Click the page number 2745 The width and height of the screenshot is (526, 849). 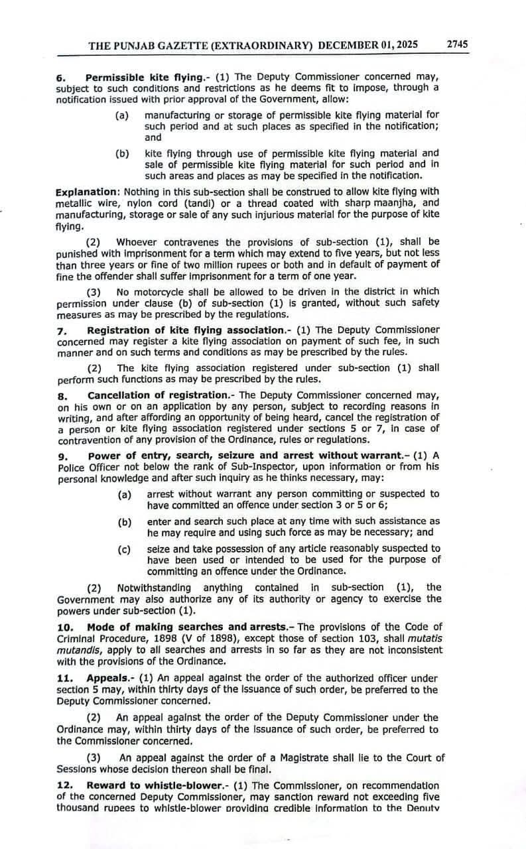[457, 44]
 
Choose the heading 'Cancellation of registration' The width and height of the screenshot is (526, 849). [157, 395]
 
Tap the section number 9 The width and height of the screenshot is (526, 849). [60, 455]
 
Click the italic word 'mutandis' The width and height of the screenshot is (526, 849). [78, 649]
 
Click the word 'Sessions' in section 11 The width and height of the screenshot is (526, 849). [78, 769]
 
